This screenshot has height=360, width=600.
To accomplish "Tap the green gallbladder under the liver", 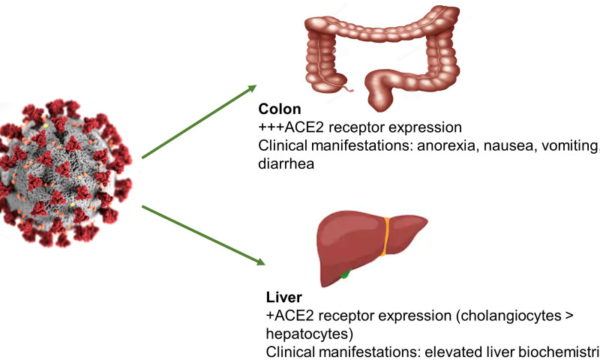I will click(x=344, y=275).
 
